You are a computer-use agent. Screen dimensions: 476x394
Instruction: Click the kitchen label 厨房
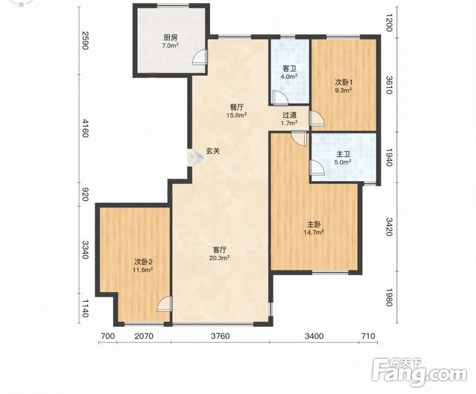click(x=170, y=38)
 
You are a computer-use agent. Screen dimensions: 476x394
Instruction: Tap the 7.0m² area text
click(x=170, y=46)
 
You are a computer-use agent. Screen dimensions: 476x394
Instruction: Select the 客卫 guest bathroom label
click(x=289, y=69)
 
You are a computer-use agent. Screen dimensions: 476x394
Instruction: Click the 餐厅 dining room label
click(x=237, y=107)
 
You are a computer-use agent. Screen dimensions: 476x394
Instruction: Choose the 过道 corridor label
click(x=289, y=115)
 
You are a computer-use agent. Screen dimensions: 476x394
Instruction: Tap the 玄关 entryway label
click(x=213, y=151)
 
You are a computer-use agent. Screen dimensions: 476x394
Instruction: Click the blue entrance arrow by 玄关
click(x=196, y=158)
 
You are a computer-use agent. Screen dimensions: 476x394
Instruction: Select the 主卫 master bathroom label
click(x=343, y=154)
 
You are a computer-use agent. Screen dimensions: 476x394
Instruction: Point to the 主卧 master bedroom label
click(x=314, y=225)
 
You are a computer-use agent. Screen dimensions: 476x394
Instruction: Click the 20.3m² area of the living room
click(x=219, y=258)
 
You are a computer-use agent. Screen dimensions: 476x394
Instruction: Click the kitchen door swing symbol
click(x=200, y=57)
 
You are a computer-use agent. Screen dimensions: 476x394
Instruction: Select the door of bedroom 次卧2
click(x=165, y=304)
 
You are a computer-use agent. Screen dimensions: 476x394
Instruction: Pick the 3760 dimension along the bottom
click(x=220, y=336)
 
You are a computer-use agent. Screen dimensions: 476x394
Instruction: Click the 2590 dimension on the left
click(x=85, y=40)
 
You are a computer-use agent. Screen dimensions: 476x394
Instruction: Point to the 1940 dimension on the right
click(x=390, y=158)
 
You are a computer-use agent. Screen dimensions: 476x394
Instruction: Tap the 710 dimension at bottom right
click(x=368, y=336)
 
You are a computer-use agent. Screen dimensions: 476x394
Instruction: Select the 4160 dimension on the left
click(x=85, y=128)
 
